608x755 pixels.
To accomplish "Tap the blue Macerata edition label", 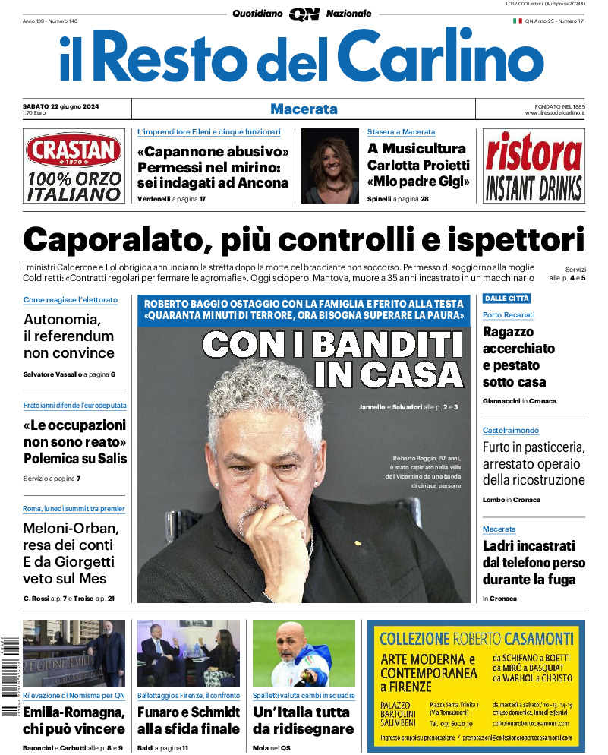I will pos(304,109).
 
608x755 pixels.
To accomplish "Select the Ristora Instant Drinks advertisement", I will pos(534,166).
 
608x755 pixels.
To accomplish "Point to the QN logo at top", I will pos(304,14).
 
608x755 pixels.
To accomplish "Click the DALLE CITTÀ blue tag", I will pos(507,299).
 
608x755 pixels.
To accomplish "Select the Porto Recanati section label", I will pos(509,315).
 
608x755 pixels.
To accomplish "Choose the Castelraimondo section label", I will pos(511,431).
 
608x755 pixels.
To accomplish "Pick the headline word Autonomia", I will pos(61,320).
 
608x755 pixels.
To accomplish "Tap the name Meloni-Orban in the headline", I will pos(71,529).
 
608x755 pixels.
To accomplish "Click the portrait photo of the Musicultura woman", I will pos(329,166).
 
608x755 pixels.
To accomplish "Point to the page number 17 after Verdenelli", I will pos(202,199).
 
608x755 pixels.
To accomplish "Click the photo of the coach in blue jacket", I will pos(304,653).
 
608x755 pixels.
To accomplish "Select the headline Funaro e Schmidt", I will pos(188,712).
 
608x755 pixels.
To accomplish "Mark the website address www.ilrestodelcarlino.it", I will pos(554,113).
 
